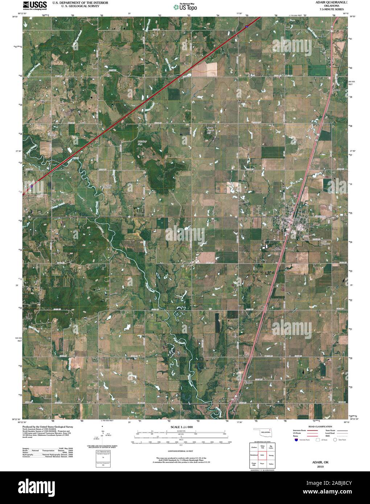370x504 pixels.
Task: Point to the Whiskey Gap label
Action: [x=141, y=142]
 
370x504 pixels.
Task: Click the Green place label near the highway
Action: [x=248, y=382]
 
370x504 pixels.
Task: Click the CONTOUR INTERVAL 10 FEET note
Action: [x=180, y=446]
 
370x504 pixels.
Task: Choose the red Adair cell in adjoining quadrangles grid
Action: [x=262, y=455]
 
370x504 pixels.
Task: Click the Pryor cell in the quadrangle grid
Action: [x=262, y=464]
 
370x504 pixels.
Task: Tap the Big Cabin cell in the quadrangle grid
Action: [x=271, y=446]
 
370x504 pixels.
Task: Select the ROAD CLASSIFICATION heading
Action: [x=320, y=426]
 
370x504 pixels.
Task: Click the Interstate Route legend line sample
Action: [x=312, y=430]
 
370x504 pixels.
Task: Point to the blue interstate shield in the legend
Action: [x=296, y=439]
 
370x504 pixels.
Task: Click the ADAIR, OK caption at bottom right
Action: [x=320, y=462]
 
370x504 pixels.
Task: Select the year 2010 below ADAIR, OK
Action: [x=320, y=467]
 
